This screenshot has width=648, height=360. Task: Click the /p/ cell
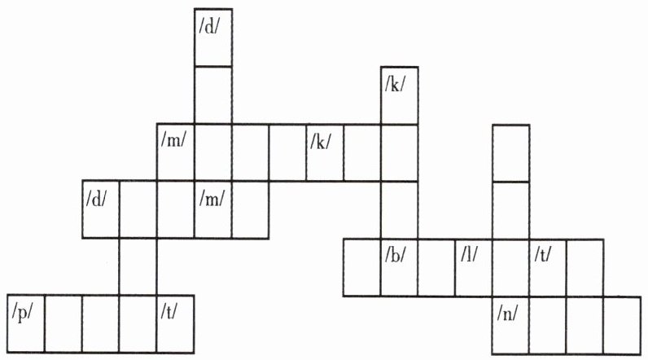25,323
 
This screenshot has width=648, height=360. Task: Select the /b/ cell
399,266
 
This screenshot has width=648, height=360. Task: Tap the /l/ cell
473,266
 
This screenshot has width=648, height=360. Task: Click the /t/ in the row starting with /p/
175,323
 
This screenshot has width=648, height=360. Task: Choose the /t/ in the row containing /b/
547,266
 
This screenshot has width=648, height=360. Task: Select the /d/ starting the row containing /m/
101,209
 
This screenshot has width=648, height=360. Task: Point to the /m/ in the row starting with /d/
212,209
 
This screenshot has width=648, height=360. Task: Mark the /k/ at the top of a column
399,95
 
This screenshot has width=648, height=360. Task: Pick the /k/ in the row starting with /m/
324,152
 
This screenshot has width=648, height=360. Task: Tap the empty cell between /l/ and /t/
510,266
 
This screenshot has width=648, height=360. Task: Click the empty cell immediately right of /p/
63,323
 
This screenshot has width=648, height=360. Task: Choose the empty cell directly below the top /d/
212,94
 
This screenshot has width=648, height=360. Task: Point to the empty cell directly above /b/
399,209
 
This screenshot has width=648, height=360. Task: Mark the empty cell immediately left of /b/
361,266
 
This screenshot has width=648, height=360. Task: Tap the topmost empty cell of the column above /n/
510,152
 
